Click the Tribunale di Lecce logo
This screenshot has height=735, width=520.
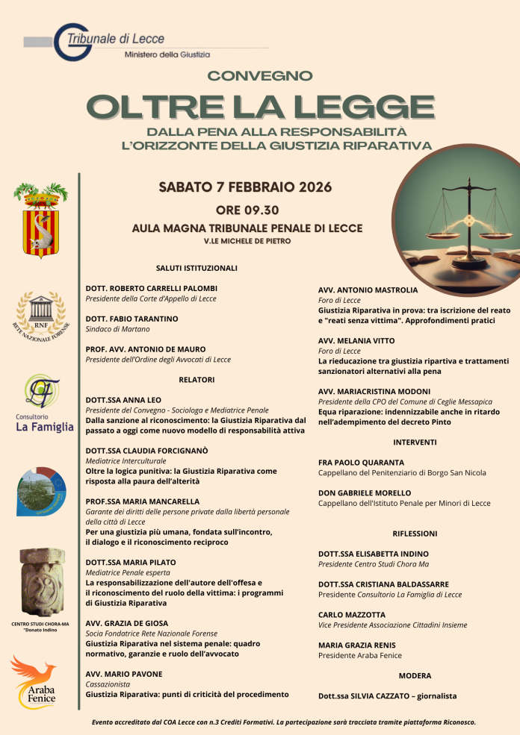coord(112,43)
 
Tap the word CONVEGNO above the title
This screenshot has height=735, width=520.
coord(259,75)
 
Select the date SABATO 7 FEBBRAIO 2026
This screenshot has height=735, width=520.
coord(245,187)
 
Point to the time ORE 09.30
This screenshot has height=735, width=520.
coord(247,210)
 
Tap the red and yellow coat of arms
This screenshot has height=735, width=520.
coord(41,221)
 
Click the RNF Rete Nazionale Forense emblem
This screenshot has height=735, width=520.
coord(42,316)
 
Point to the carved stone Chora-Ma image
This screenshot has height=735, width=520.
coord(41,581)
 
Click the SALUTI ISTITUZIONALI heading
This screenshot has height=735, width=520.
coord(196,267)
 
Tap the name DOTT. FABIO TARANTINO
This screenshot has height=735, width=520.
coord(132,319)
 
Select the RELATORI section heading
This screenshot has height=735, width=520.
coord(196,380)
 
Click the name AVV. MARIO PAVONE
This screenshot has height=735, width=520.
coord(124,674)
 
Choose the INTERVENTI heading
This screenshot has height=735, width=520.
coord(415,442)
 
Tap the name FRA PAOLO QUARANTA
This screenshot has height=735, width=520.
coord(361,463)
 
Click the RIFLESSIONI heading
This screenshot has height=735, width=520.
coord(415,534)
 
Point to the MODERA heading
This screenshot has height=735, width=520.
coord(415,675)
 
